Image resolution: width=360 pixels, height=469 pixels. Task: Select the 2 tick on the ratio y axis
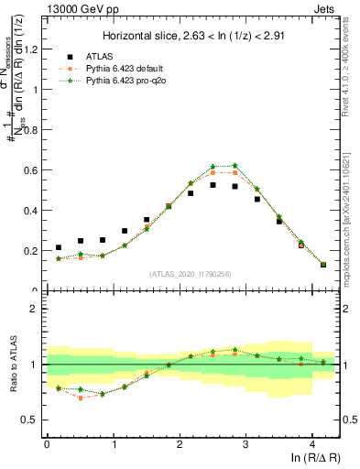coord(37,309)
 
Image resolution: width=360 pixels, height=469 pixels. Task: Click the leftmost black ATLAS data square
coord(59,247)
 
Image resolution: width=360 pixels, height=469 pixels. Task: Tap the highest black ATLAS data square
coord(213,185)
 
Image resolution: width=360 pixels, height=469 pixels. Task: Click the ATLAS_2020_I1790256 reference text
coord(190,274)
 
